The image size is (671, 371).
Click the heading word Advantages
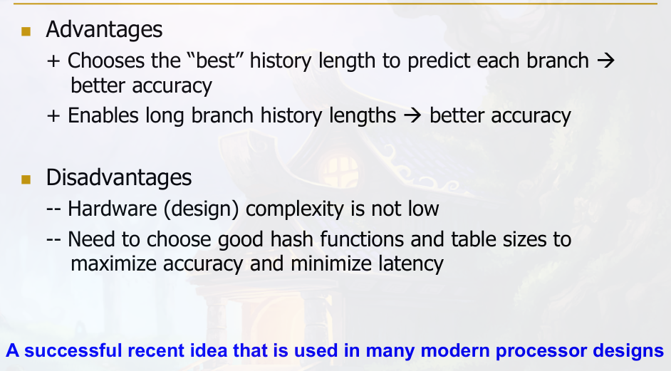point(104,29)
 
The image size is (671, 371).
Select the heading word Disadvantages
point(118,177)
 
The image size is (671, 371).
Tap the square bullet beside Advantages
point(26,31)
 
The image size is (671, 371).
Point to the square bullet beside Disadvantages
point(26,179)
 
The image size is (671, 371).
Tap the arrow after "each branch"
point(605,61)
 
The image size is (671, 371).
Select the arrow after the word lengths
point(412,116)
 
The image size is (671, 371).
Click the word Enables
point(103,115)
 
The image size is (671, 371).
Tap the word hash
point(291,239)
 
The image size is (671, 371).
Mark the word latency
point(411,263)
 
